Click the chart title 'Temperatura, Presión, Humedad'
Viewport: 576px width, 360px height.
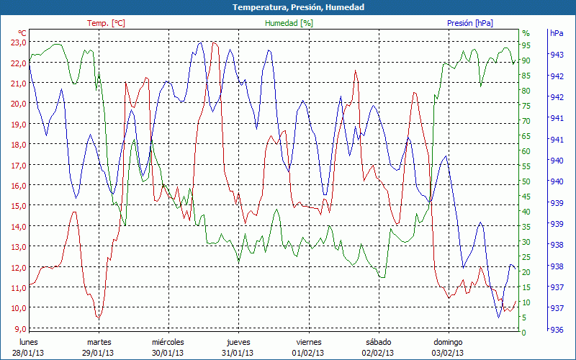pos(288,7)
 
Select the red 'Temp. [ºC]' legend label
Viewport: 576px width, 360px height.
pos(106,23)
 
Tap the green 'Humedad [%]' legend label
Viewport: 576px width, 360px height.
pos(289,23)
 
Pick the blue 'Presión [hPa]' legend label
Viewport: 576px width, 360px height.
pos(470,23)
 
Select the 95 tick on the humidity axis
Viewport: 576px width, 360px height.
pos(526,45)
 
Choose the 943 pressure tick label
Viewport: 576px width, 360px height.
pos(557,55)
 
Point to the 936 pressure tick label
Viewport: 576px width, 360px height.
pos(557,330)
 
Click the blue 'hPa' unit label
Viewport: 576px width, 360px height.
pos(557,33)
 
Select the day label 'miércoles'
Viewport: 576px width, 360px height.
pos(168,342)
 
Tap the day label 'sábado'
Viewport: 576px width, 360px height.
pos(378,342)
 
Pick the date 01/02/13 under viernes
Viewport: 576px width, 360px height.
pos(308,353)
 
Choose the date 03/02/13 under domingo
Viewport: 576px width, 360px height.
pos(448,353)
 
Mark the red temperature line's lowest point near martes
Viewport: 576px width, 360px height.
pos(99,318)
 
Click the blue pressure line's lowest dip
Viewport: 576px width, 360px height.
pos(498,317)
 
